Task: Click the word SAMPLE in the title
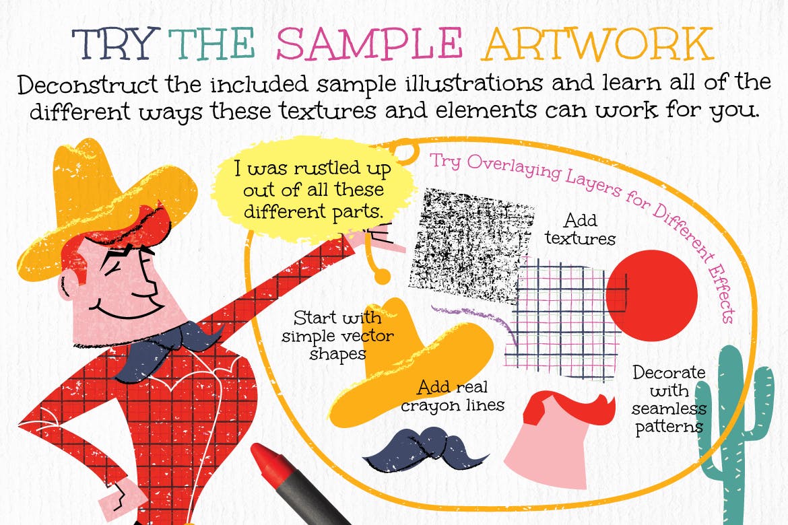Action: pyautogui.click(x=369, y=44)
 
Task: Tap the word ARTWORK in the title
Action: pyautogui.click(x=597, y=44)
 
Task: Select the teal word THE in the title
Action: pyautogui.click(x=211, y=44)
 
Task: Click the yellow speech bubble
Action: pyautogui.click(x=314, y=190)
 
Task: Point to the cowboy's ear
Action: pyautogui.click(x=70, y=287)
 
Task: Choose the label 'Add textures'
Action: pyautogui.click(x=581, y=229)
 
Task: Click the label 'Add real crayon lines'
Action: pyautogui.click(x=453, y=396)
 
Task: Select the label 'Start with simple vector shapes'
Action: pyautogui.click(x=337, y=335)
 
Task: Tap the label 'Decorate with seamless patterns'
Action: pyautogui.click(x=668, y=399)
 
